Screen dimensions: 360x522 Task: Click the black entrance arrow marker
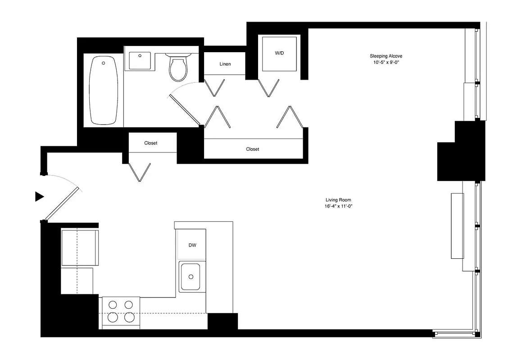point(40,196)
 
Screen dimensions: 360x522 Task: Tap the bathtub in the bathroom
point(104,90)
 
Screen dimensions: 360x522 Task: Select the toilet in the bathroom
point(178,67)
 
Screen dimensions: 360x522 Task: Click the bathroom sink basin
point(140,61)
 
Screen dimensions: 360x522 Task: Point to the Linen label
point(225,64)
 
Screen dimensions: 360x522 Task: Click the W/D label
point(280,53)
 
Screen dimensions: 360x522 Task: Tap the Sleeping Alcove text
point(386,56)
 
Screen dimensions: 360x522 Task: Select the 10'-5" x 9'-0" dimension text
point(386,62)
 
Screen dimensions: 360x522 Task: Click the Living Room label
point(338,200)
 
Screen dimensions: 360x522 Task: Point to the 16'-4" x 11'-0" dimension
point(338,207)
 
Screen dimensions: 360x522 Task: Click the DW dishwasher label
point(192,245)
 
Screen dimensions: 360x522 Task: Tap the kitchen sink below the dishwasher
point(190,276)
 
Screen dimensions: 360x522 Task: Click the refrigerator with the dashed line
point(80,247)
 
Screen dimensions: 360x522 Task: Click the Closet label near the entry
point(151,143)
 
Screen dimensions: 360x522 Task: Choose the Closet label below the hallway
point(253,149)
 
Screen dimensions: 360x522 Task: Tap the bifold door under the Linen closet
point(215,87)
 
